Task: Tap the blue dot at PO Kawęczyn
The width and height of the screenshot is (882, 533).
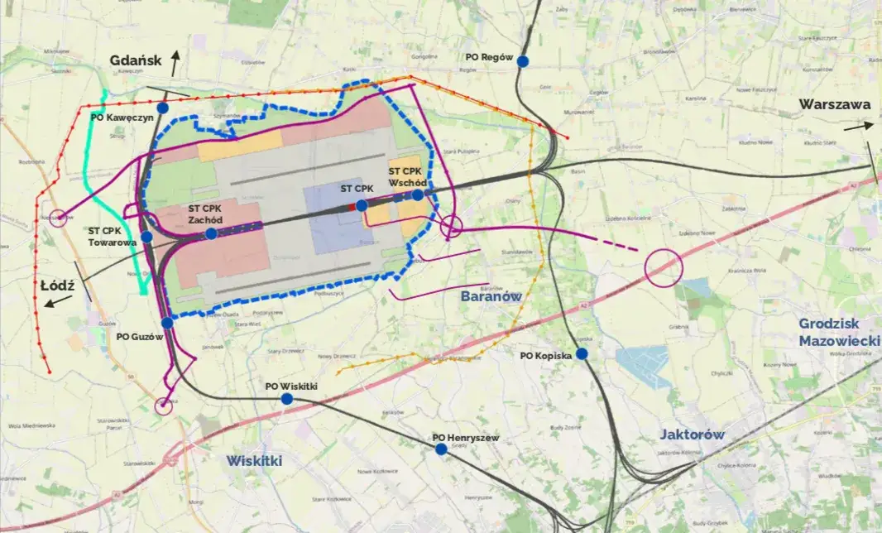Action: tap(163, 108)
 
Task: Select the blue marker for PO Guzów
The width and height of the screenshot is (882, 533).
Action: tap(167, 323)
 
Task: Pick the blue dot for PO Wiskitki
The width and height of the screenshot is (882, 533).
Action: tap(287, 399)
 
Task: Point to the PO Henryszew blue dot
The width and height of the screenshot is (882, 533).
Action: tap(441, 449)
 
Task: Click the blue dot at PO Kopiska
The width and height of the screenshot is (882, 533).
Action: tap(582, 353)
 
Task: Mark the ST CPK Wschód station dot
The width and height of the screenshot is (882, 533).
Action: tap(418, 194)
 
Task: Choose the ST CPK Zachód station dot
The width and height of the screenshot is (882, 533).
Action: tap(211, 233)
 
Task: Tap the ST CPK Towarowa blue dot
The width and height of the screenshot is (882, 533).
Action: tap(146, 237)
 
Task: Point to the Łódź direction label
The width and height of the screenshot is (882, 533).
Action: tap(58, 286)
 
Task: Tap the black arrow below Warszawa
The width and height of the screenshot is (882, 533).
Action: tap(858, 126)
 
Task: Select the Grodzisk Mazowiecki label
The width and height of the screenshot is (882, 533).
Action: tap(836, 332)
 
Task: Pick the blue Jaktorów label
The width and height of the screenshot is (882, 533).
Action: tap(692, 434)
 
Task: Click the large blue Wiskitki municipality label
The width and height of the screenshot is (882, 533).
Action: tap(255, 460)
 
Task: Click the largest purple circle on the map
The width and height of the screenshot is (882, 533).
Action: tap(663, 267)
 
